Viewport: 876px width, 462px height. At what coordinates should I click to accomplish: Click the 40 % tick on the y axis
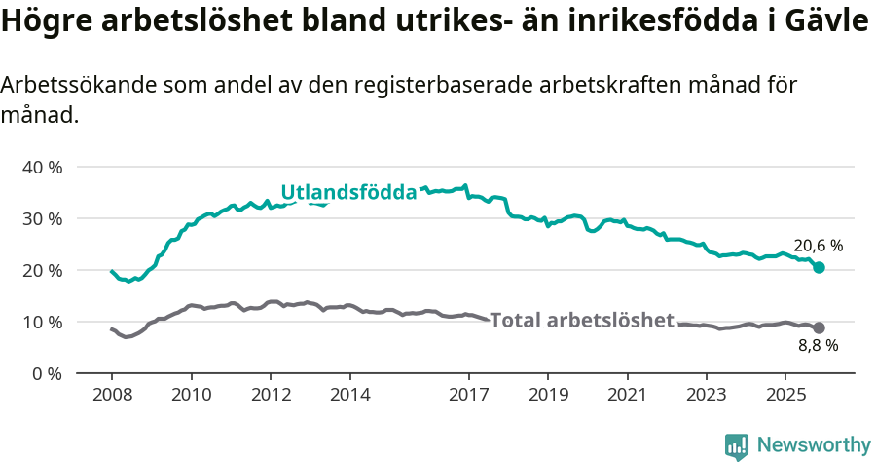[x=41, y=167]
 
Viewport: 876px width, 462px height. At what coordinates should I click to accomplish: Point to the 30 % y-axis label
[x=41, y=218]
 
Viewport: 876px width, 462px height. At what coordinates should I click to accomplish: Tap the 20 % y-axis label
[x=41, y=270]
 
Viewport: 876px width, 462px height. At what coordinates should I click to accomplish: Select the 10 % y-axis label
[x=41, y=322]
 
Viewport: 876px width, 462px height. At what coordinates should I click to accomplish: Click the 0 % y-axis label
[x=45, y=373]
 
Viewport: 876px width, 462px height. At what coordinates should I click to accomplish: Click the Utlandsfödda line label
[x=348, y=193]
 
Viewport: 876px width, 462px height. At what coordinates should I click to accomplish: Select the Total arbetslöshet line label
[x=582, y=320]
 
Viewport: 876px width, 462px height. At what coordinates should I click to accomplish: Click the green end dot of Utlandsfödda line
[x=819, y=267]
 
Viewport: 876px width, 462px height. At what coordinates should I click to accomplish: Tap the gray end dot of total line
[x=819, y=328]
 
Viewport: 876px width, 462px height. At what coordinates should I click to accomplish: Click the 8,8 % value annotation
[x=818, y=345]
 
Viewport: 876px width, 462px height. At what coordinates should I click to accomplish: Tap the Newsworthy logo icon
[x=737, y=445]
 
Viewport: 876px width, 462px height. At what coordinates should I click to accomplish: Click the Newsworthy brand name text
[x=814, y=445]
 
